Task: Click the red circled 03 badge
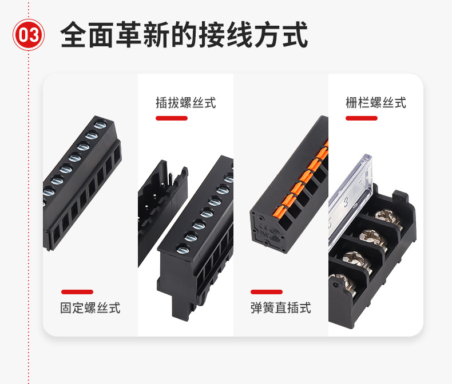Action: coord(29,36)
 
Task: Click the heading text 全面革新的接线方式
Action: coord(184,35)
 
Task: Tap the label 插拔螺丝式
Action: coord(186,103)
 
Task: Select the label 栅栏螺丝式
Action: coord(376,103)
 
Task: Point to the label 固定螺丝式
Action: coord(90,308)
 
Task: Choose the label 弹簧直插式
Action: coord(280,308)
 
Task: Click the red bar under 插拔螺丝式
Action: coord(172,118)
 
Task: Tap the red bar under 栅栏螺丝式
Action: coord(362,118)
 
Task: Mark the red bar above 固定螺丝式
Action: coord(77,292)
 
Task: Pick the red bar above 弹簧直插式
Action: coord(267,292)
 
